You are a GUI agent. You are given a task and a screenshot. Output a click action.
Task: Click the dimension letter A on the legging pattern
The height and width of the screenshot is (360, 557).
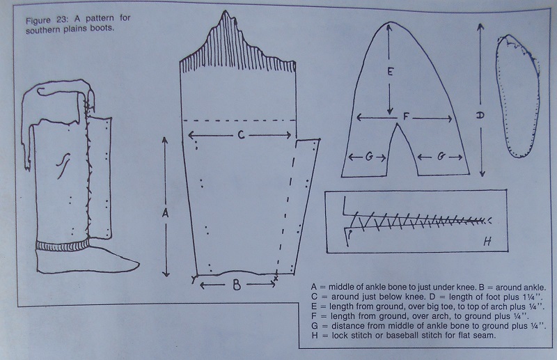point(165,213)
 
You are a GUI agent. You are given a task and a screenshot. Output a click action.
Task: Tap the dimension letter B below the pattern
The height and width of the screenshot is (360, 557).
point(237,285)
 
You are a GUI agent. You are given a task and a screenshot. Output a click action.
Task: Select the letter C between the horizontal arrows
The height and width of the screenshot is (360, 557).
point(241,135)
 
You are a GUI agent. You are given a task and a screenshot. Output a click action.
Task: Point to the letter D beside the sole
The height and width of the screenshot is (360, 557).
point(480,116)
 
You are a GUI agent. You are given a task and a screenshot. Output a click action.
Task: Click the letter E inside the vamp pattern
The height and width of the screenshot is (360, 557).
point(390,72)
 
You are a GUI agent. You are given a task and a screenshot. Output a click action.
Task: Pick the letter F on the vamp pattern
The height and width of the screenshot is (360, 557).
point(406,117)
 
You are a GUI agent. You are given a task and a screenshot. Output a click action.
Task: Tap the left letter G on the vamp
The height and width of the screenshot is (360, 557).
point(369,157)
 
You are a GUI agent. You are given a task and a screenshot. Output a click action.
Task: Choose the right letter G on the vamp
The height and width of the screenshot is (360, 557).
point(441,157)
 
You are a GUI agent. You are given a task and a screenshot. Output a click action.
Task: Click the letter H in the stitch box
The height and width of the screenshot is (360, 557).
point(487,242)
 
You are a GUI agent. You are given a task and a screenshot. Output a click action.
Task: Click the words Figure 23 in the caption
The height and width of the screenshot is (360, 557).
point(47,20)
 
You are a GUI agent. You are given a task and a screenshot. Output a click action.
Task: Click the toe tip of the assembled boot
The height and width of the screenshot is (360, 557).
point(139,264)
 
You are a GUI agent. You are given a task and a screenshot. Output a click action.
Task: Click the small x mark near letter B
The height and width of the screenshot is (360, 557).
point(276,278)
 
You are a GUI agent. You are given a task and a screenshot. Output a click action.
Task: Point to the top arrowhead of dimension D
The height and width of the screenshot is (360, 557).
point(480,26)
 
